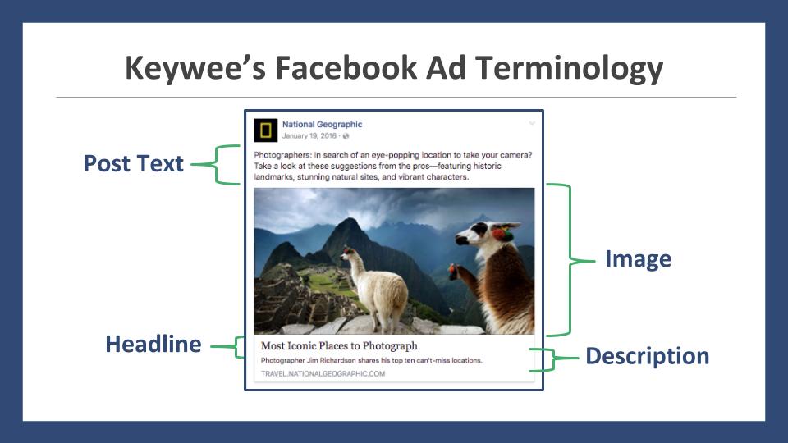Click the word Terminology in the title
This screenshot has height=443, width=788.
point(569,69)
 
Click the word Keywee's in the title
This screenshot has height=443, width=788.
point(195,69)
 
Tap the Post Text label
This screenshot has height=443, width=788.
point(133,163)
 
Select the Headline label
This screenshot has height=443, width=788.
point(153,344)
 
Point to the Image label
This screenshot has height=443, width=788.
point(639,259)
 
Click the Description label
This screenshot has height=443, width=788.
point(648,356)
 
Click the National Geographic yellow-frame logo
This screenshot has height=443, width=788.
point(265,130)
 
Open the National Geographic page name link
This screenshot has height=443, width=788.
point(322,124)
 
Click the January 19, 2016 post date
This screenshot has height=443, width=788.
point(309,136)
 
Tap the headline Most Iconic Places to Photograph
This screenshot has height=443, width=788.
point(339,346)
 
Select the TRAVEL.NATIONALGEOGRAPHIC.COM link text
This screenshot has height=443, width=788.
point(323,374)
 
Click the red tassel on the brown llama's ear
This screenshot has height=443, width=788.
point(501,234)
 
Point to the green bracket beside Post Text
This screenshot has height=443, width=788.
point(216,164)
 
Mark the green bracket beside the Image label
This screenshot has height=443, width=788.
point(571,260)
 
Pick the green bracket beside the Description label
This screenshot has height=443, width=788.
point(553,359)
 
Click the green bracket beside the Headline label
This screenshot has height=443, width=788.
point(236,346)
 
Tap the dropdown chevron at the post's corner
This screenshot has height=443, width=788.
point(532,124)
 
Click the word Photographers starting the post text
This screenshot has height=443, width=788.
point(282,155)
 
